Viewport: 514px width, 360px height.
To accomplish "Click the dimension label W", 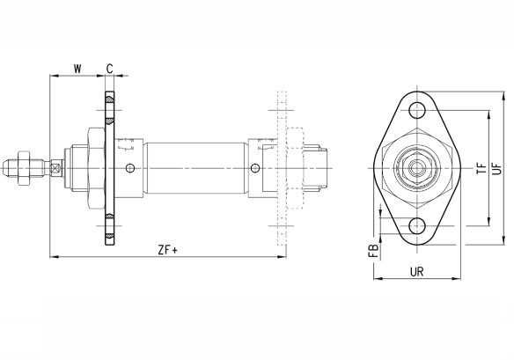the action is pos(77,69).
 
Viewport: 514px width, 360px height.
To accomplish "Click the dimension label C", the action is pos(110,69).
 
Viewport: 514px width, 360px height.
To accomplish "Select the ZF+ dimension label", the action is pos(167,250).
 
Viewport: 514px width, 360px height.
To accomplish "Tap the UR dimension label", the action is pos(417,271).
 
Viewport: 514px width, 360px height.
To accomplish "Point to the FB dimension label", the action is pos(374,251).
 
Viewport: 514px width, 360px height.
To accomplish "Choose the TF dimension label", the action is pos(482,168).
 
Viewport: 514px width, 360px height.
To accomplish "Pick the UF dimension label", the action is pos(497,168).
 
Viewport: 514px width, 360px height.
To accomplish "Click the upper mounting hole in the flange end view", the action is pos(417,110).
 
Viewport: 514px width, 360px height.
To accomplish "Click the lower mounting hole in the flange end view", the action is pos(417,225).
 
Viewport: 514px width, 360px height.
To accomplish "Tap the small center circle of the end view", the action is pos(417,168).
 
